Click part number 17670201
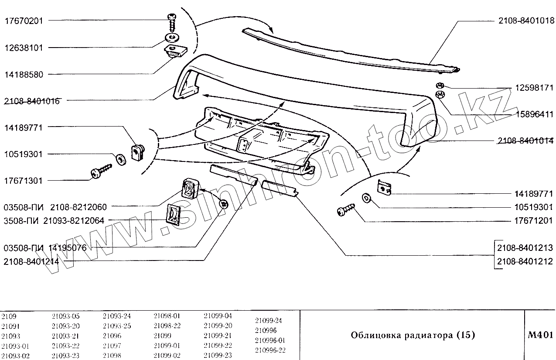pyautogui.click(x=24, y=21)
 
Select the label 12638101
pyautogui.click(x=24, y=48)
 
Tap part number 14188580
pyautogui.click(x=24, y=75)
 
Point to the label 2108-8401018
pyautogui.click(x=526, y=21)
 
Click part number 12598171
pyautogui.click(x=534, y=88)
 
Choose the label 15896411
pyautogui.click(x=534, y=114)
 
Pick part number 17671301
pyautogui.click(x=24, y=181)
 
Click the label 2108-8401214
pyautogui.click(x=31, y=262)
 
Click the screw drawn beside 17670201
pyautogui.click(x=171, y=21)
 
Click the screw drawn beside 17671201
pyautogui.click(x=345, y=209)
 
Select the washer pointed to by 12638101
pyautogui.click(x=171, y=37)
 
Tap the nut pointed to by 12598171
pyautogui.click(x=440, y=85)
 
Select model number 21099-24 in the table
pyautogui.click(x=268, y=320)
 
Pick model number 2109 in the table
pyautogui.click(x=9, y=316)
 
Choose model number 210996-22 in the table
pyautogui.click(x=270, y=350)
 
